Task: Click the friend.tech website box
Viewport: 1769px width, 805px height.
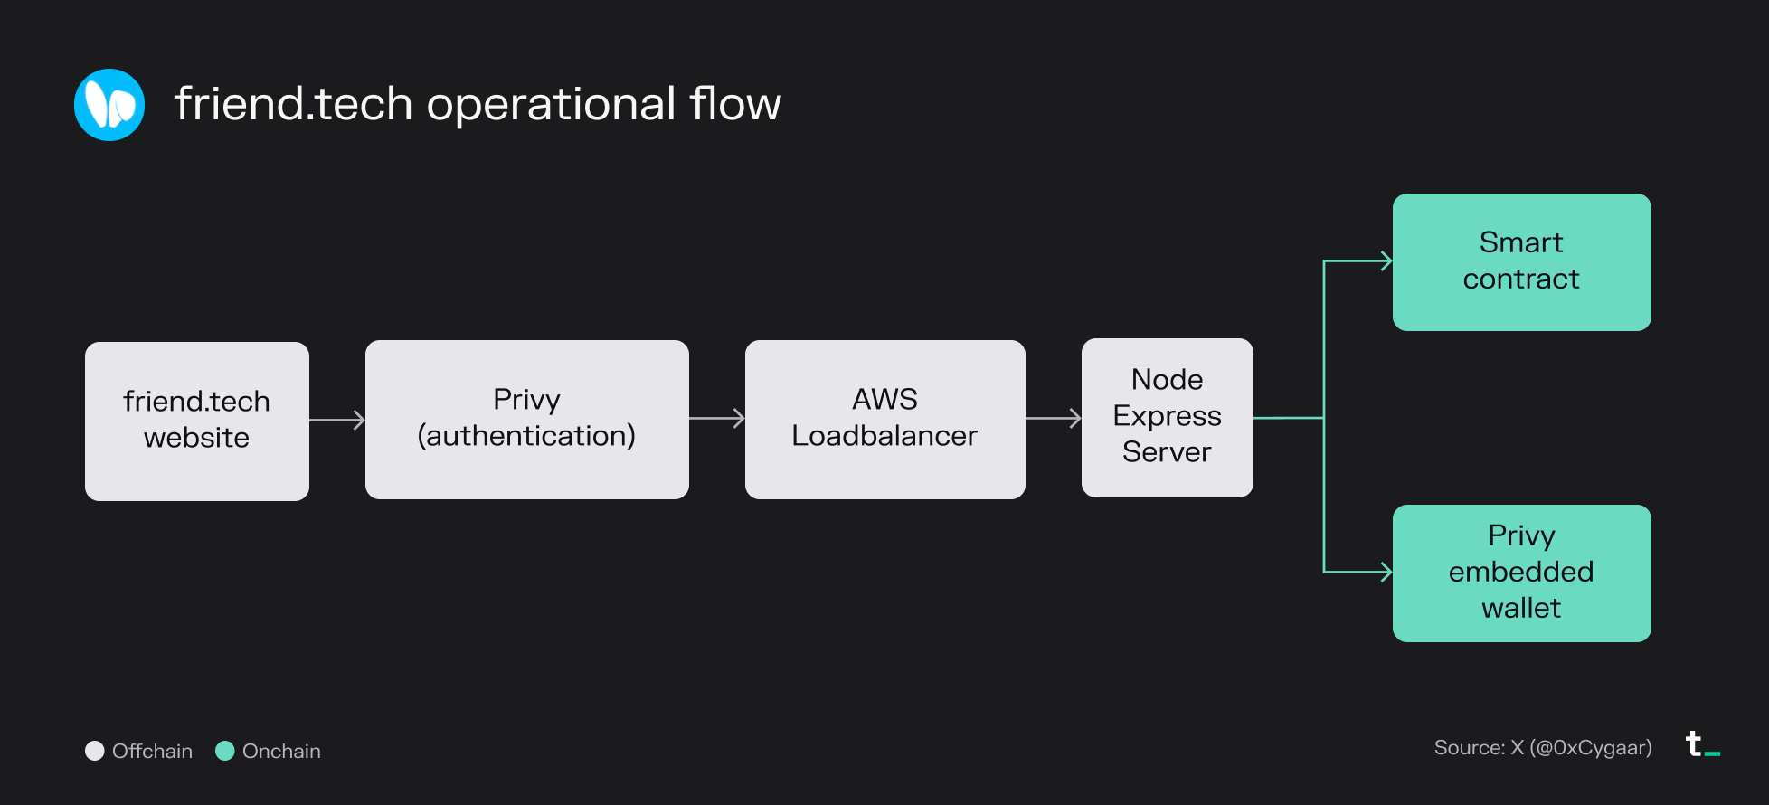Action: coord(197,421)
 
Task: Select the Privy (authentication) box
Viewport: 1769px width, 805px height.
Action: coord(526,419)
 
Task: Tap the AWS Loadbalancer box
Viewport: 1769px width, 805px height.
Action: coord(884,419)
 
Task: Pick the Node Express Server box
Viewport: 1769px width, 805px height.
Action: coord(1167,417)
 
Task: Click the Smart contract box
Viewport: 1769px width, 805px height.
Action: coord(1521,261)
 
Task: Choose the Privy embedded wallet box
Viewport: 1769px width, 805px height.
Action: coord(1521,573)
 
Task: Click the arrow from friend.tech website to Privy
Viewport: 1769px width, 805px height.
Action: coord(337,420)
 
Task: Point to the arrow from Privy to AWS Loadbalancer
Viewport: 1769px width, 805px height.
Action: coord(717,418)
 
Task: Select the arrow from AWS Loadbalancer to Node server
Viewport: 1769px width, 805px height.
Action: coord(1054,418)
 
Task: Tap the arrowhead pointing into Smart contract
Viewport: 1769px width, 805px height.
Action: coord(1385,261)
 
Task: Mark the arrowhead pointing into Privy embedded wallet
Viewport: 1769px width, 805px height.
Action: coord(1385,572)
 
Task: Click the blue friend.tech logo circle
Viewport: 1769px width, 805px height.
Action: coord(109,105)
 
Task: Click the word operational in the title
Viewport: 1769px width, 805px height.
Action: coord(551,105)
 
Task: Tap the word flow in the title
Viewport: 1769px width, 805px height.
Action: coord(734,103)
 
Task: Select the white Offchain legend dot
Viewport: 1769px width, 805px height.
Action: coord(95,751)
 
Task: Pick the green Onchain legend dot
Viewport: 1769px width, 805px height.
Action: coord(225,751)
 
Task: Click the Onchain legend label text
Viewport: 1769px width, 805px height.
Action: coord(281,751)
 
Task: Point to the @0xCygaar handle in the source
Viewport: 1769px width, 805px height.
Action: coord(1591,748)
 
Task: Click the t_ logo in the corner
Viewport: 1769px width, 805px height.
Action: coord(1701,744)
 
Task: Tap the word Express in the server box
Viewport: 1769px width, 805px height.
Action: coord(1167,416)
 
